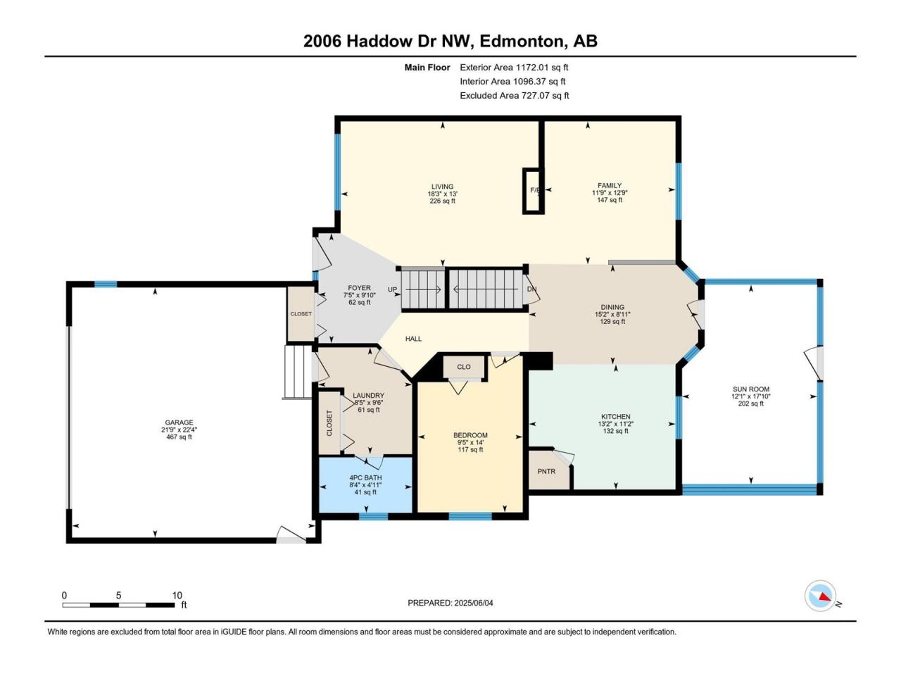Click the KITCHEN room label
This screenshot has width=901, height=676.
point(615,416)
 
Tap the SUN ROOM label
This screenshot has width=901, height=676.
point(751,389)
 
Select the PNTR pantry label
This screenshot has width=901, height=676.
point(546,472)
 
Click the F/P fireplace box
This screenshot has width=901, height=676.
point(534,191)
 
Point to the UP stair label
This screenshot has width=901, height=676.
point(392,289)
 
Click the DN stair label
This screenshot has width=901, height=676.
point(531,289)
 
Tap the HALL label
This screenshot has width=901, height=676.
point(413,339)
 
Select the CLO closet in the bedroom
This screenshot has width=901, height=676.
point(464,367)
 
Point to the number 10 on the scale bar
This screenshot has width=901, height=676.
point(177,595)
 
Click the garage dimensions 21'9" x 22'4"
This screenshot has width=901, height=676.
point(179,430)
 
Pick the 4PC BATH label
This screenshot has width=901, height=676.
point(366,477)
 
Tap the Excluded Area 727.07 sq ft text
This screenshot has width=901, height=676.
point(515,96)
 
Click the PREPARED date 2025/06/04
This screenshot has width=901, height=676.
point(473,603)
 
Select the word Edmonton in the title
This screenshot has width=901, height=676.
point(519,42)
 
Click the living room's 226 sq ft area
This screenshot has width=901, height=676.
point(443,201)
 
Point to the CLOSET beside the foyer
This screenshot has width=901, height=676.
point(301,313)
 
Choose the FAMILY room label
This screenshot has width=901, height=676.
point(610,185)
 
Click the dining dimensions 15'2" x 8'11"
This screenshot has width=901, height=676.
point(612,314)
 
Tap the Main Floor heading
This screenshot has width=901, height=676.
point(427,68)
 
